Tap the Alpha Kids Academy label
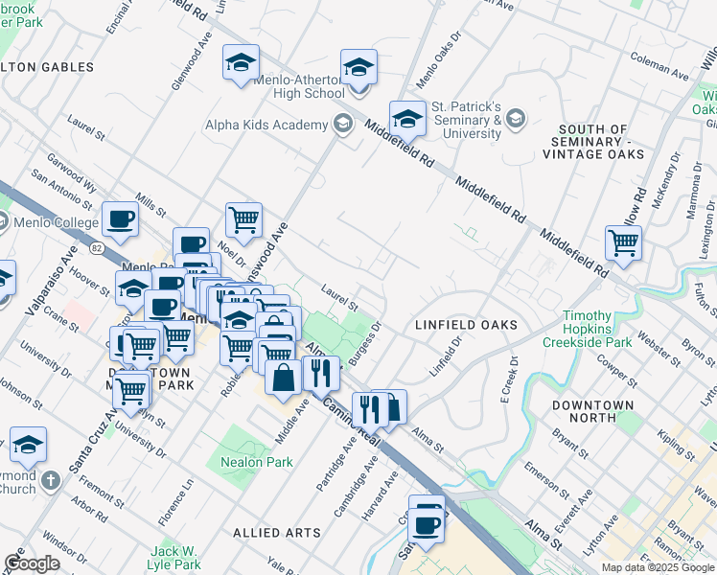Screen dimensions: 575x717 point(266,125)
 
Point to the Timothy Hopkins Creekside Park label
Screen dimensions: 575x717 point(587,329)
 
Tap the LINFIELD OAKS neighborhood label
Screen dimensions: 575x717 point(466,325)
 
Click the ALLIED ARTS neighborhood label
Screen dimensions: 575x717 point(277,532)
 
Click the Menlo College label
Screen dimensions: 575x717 point(58,223)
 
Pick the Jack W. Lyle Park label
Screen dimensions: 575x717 point(174,558)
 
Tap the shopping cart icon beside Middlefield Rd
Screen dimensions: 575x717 point(622,243)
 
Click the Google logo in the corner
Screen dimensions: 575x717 point(33,563)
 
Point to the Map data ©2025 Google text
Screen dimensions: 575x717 point(658,567)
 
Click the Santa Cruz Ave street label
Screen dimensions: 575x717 point(82,456)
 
